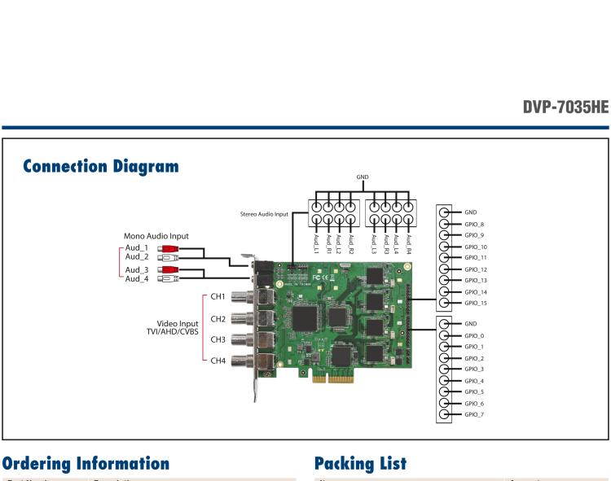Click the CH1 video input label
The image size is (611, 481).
[x=218, y=298]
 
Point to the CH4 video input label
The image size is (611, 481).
[x=218, y=361]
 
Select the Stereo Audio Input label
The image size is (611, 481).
[x=264, y=214]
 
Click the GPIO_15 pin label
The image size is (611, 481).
[x=475, y=303]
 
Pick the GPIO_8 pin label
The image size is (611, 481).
[x=474, y=224]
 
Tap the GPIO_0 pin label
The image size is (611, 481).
[x=474, y=335]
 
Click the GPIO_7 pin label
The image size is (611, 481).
[x=474, y=414]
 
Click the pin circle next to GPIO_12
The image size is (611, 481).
[x=445, y=269]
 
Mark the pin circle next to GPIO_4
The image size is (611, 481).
[x=445, y=380]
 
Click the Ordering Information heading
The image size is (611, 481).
[x=86, y=463]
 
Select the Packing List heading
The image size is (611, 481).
[x=360, y=463]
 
